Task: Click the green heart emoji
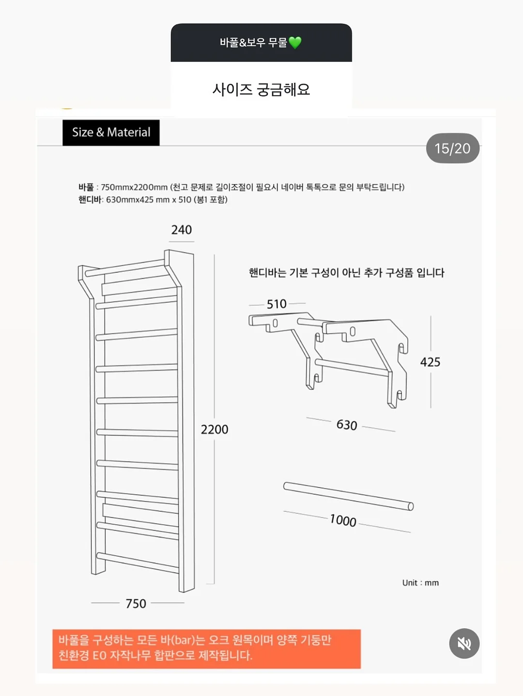coord(295,43)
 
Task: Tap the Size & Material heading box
coord(111,133)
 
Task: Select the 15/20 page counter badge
coord(453,148)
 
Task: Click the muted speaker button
coord(464,643)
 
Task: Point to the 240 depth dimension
coord(182,230)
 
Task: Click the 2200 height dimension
coord(215,429)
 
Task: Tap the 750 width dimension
coord(136,604)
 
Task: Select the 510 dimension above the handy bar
coord(277,304)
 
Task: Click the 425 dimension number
coord(431,362)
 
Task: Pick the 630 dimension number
coord(347,425)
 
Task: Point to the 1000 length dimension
coord(343,520)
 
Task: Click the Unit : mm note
coord(420,583)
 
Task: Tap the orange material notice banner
coord(207,649)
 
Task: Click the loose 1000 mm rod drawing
coord(349,497)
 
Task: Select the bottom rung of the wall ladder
coord(138,563)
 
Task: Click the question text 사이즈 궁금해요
coord(261,89)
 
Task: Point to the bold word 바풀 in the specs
coord(86,187)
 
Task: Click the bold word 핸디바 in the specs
coord(90,200)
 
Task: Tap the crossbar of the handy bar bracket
coord(352,368)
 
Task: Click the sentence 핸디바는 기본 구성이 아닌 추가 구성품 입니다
coord(347,273)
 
